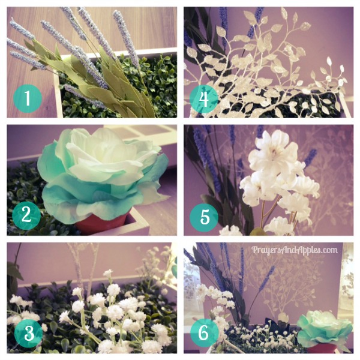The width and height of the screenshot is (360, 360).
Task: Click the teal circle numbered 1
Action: point(28,98)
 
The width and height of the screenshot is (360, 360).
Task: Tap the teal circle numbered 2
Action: point(26,216)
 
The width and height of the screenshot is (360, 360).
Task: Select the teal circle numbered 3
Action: point(28,333)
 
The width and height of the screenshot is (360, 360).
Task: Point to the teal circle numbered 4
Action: point(204,99)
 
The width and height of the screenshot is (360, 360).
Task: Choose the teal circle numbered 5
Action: point(204,217)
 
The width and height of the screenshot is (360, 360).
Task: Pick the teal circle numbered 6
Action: point(204,332)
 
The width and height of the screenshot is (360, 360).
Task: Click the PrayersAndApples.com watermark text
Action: point(295,250)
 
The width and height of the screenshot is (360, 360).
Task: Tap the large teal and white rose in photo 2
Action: point(101,175)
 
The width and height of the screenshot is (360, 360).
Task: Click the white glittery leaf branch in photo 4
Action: point(264,69)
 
